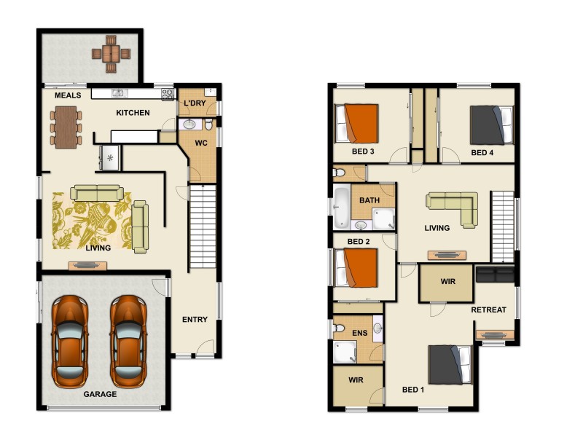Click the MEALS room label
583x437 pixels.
[68, 95]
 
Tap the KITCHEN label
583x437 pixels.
[133, 113]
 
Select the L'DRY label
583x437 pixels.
[195, 103]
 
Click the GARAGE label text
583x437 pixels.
[100, 394]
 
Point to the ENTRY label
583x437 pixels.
[195, 319]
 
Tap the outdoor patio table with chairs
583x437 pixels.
[111, 54]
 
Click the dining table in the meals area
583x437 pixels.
[66, 127]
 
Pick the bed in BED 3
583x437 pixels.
[357, 123]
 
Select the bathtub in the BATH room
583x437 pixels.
[342, 208]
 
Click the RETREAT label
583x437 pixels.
[488, 310]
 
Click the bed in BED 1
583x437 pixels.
[450, 364]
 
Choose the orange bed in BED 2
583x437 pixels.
[356, 267]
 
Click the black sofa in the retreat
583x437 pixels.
[494, 275]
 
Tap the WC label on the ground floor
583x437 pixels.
[202, 143]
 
